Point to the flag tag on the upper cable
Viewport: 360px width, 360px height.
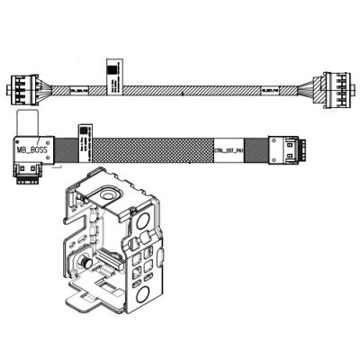[x=112, y=76]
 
